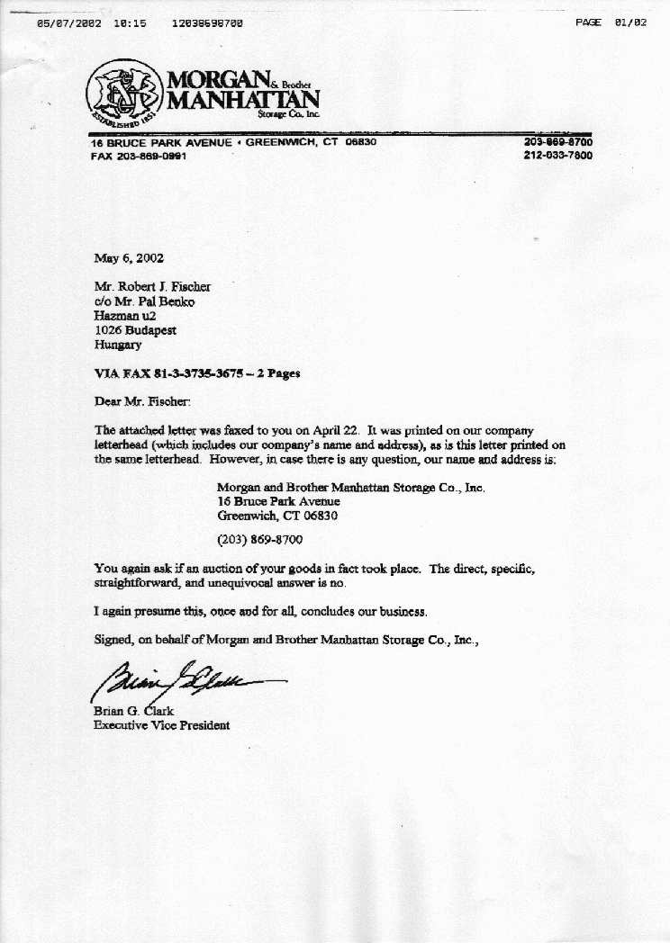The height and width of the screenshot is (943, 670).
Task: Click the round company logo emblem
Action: pos(124,94)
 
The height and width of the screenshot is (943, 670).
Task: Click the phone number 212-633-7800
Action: pos(557,155)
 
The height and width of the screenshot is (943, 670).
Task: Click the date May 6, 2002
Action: pos(129,257)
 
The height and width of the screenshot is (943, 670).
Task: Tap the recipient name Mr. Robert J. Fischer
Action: pos(152,287)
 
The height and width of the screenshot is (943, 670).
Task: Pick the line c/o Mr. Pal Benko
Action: pos(144,301)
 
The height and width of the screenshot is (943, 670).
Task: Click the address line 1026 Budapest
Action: pos(135,330)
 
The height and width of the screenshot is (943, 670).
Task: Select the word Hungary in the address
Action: pos(117,345)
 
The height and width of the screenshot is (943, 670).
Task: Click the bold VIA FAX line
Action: pos(197,373)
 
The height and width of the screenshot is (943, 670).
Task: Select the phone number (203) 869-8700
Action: pos(260,540)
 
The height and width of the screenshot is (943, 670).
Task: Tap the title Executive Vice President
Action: pos(161,725)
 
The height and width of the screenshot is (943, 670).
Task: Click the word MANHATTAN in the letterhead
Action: pos(242,99)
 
